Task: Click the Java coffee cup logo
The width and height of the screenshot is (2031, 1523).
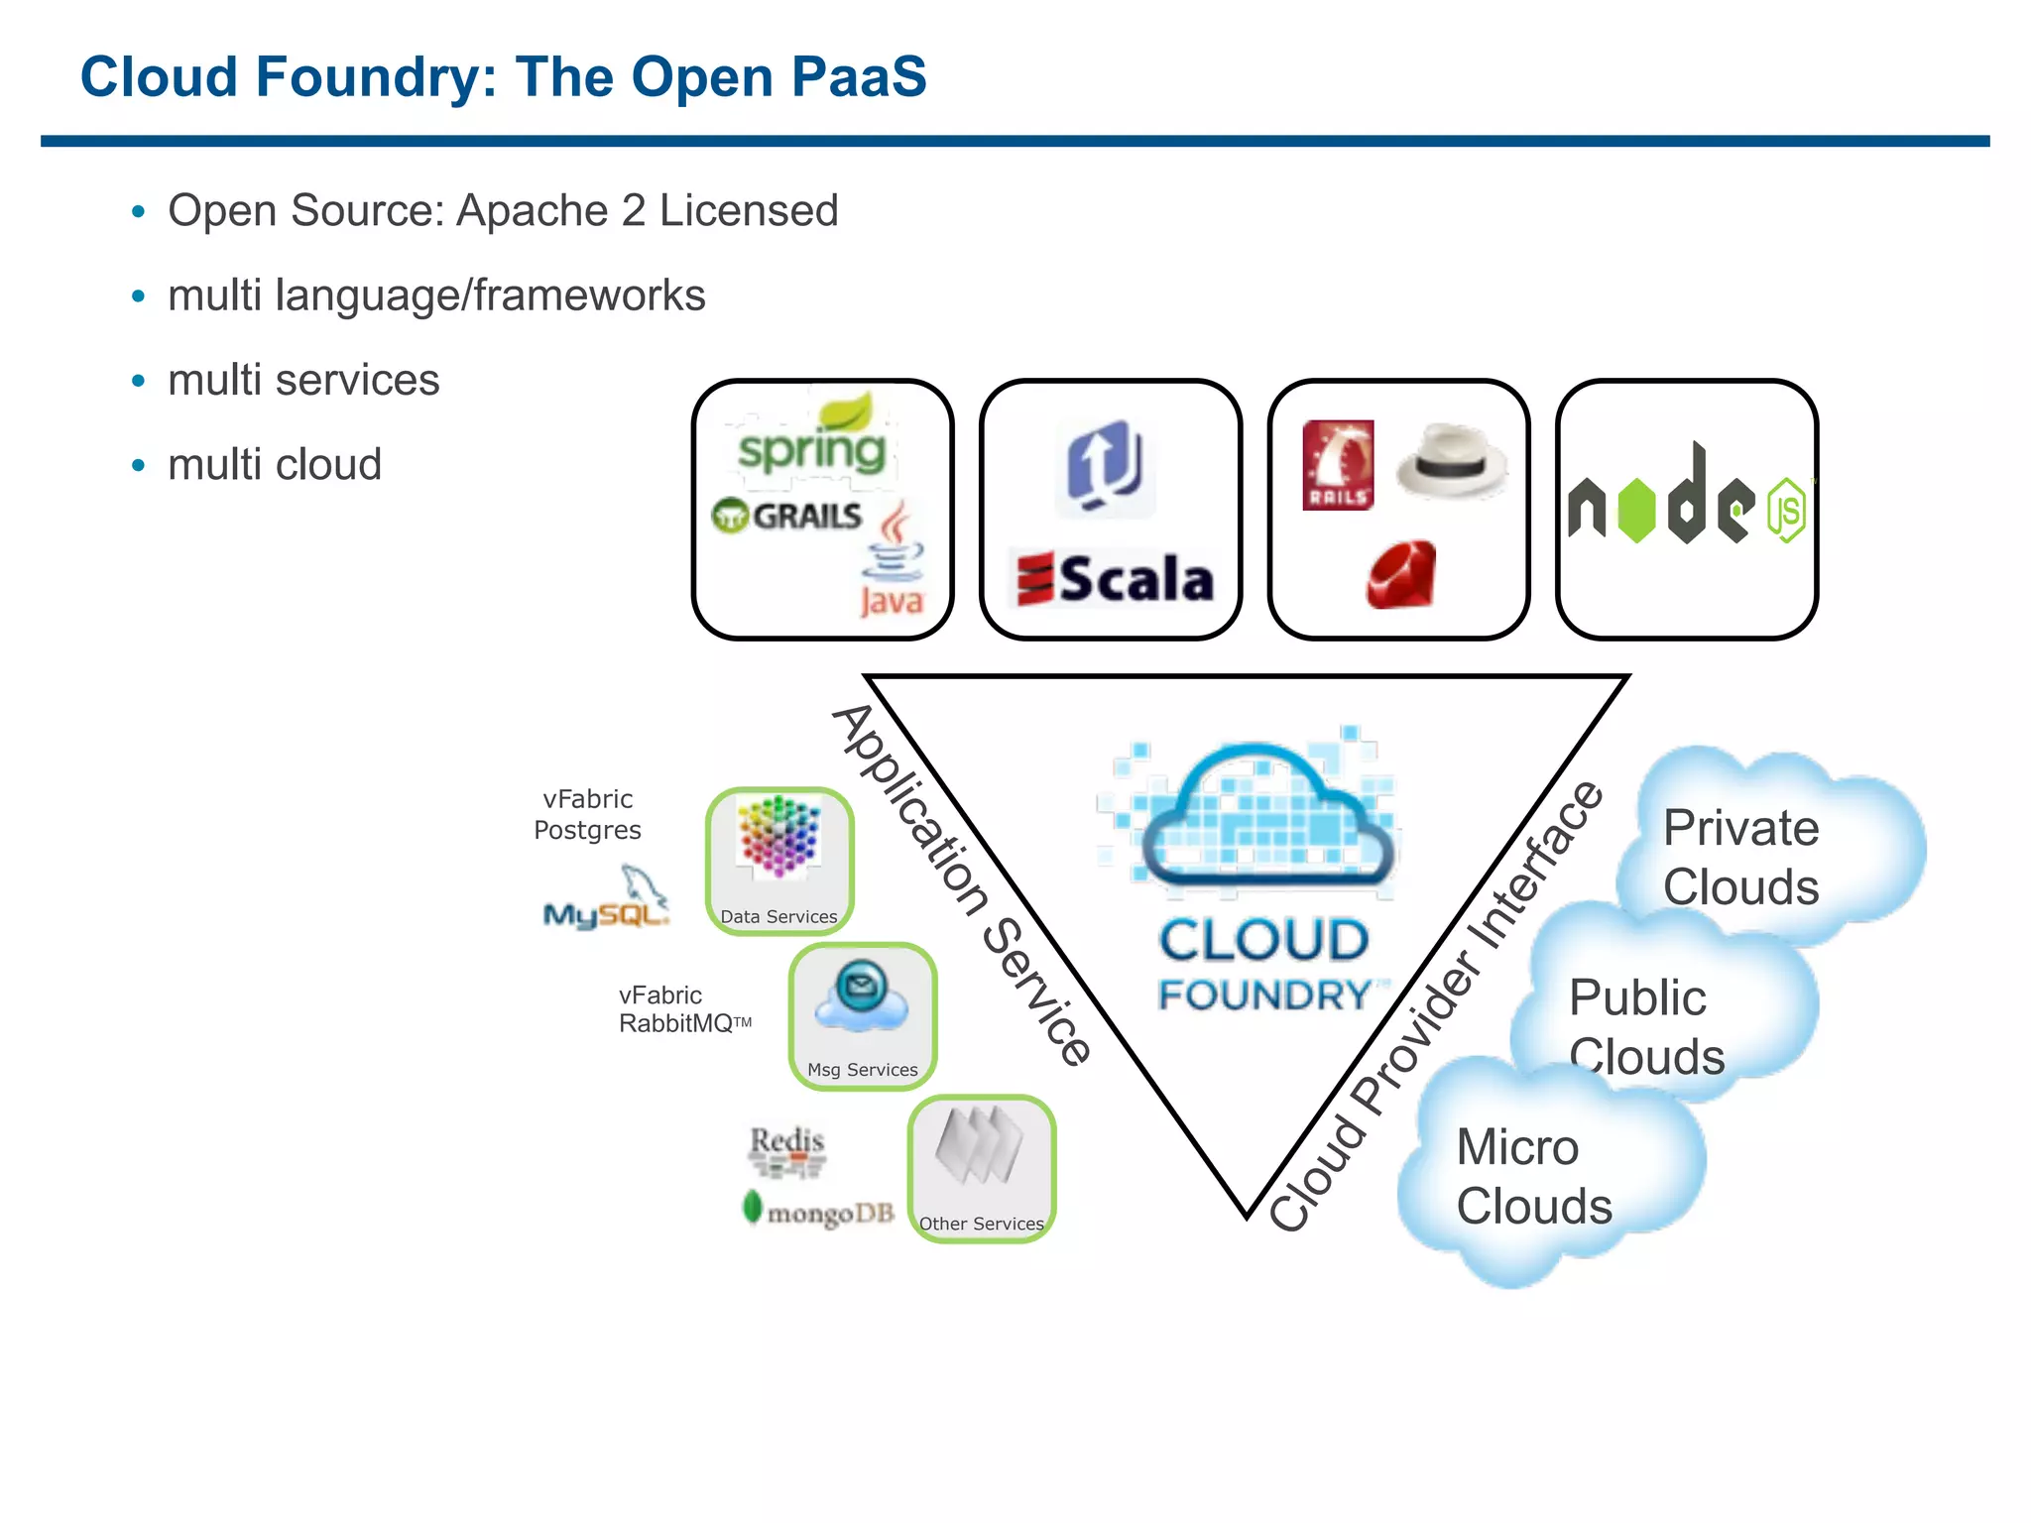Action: [x=893, y=560]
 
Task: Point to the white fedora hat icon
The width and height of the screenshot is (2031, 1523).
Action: [x=1451, y=460]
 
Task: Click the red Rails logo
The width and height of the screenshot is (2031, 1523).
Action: [x=1338, y=464]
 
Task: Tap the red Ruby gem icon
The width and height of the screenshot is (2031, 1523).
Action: [x=1401, y=575]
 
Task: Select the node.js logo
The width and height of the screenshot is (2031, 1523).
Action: [x=1687, y=501]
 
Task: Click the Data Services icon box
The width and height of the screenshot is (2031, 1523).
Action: [x=779, y=861]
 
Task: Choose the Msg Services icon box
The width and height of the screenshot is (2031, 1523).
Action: [x=863, y=1015]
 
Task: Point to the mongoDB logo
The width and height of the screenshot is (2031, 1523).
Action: [x=819, y=1211]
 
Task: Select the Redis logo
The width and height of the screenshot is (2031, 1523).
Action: [x=786, y=1150]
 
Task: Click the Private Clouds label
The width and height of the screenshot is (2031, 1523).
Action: [x=1740, y=857]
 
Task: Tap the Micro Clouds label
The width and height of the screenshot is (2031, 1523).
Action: [x=1533, y=1176]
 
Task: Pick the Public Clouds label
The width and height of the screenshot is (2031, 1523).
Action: [x=1645, y=1026]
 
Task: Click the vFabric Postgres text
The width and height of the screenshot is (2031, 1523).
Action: [x=588, y=814]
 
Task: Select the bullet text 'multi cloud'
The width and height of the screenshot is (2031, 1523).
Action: [x=275, y=464]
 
